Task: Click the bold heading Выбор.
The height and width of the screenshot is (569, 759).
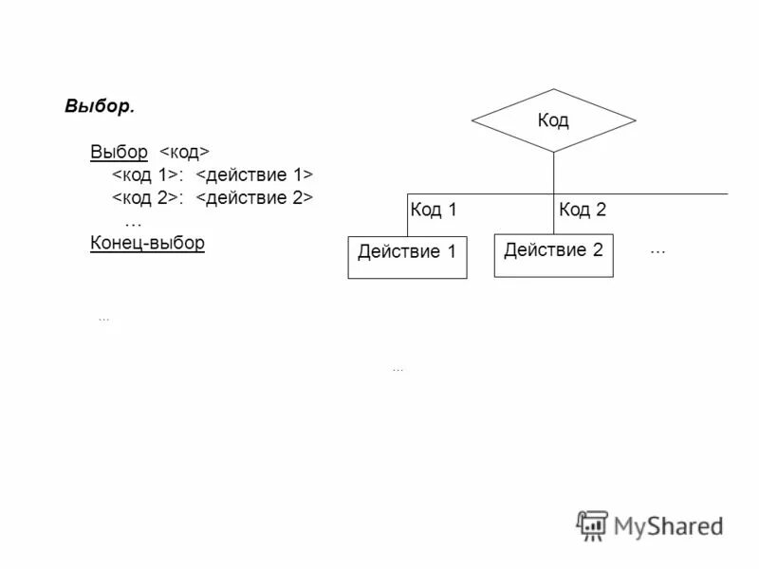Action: click(100, 105)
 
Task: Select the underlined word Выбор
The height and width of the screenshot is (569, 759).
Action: click(119, 152)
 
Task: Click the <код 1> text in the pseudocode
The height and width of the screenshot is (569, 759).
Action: click(146, 175)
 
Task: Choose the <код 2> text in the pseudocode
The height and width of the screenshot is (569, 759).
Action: click(146, 198)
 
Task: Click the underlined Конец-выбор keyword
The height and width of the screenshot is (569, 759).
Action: click(147, 243)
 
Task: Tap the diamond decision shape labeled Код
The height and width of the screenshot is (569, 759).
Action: click(553, 120)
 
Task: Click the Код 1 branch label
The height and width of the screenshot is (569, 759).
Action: click(434, 211)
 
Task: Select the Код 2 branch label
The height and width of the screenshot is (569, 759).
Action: click(583, 211)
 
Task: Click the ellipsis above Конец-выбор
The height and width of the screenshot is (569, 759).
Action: click(133, 221)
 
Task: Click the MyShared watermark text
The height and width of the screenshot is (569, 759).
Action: click(668, 524)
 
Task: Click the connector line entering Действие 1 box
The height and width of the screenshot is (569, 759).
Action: click(408, 214)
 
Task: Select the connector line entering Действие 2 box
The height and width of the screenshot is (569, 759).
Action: click(553, 214)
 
